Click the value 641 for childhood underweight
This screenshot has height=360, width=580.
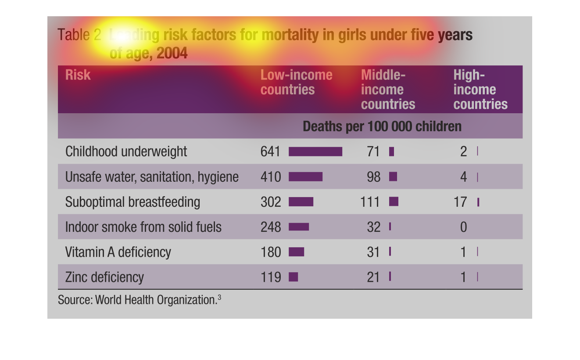tap(270, 151)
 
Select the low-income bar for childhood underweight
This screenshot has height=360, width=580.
tap(315, 151)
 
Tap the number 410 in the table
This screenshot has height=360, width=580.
tap(270, 176)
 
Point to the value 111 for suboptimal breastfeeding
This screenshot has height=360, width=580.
tap(370, 202)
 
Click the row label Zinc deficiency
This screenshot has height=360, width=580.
tap(104, 277)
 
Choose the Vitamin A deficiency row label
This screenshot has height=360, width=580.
tap(118, 252)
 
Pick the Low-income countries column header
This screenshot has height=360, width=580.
tap(296, 82)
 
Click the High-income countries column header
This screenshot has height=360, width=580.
tap(480, 90)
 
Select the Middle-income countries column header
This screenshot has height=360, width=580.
tap(388, 90)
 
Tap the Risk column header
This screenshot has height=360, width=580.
tap(78, 75)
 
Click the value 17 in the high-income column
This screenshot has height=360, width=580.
tap(460, 202)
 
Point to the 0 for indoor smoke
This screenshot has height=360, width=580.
tap(463, 227)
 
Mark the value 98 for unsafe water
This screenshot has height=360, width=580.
tap(373, 176)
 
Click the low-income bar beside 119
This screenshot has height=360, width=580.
tap(294, 277)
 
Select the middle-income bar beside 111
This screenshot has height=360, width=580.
tap(394, 202)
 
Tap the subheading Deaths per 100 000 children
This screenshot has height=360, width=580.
tap(382, 126)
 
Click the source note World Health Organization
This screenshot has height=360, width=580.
tap(139, 300)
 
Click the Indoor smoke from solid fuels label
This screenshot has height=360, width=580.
tap(143, 227)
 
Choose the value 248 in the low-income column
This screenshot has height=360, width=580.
tap(270, 227)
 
